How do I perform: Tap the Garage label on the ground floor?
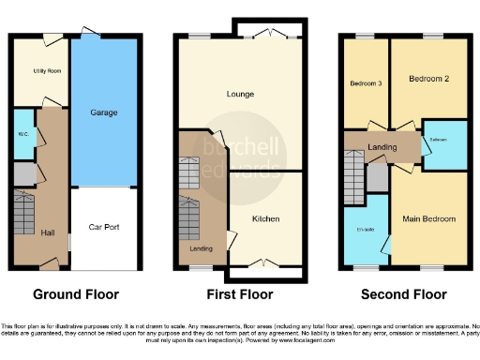point(103,112)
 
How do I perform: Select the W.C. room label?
point(22,132)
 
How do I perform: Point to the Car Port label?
point(103,227)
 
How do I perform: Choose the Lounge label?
point(241,94)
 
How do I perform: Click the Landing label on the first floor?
point(201,248)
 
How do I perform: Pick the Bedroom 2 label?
point(427,80)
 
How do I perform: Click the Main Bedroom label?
point(429,218)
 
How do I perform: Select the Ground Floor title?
point(76,293)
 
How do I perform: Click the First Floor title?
point(239,293)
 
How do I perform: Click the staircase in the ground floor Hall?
point(22,217)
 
